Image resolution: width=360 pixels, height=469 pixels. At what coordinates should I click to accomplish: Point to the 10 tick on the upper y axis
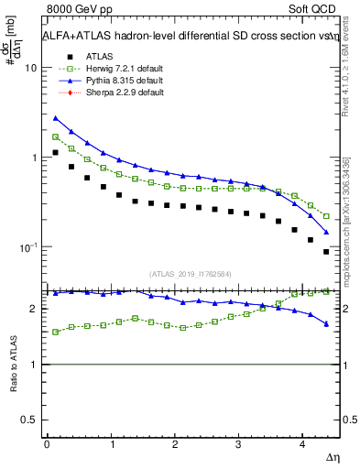(x=30, y=68)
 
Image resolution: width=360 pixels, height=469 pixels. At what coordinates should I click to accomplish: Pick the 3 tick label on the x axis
(x=239, y=443)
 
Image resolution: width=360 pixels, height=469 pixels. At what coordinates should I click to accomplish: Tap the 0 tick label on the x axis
(x=47, y=443)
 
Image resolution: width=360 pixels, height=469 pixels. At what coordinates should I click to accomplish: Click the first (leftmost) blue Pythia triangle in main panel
(x=55, y=118)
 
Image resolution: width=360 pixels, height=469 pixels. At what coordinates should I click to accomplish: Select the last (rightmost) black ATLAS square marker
(x=326, y=251)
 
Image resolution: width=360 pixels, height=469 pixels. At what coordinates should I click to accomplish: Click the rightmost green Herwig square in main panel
(x=326, y=216)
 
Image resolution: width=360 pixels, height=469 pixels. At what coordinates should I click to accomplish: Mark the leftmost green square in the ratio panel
(x=55, y=332)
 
